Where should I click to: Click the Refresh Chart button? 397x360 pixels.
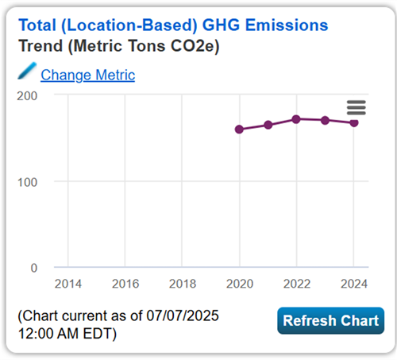click(x=330, y=321)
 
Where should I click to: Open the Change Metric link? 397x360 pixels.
click(x=87, y=75)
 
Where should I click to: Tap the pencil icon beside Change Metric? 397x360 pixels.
click(x=27, y=73)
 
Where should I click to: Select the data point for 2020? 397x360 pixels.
click(x=239, y=129)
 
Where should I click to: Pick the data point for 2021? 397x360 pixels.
click(x=268, y=125)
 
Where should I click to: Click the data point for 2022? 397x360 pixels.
click(x=296, y=119)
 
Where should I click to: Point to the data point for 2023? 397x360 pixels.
click(x=326, y=120)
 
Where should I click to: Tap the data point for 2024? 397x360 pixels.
click(x=354, y=122)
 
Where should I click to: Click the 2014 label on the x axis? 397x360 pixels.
click(x=67, y=284)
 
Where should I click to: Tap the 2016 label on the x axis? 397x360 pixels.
click(x=125, y=284)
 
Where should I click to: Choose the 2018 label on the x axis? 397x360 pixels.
click(x=183, y=284)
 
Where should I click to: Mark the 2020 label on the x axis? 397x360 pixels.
click(x=239, y=284)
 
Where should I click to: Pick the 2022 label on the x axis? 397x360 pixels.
click(x=297, y=284)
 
